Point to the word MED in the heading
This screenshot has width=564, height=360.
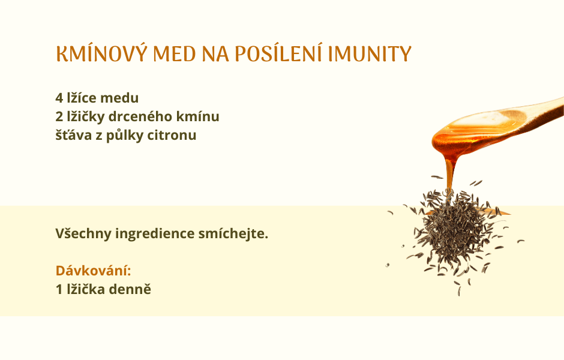[174, 54]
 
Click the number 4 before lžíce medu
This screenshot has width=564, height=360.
[59, 98]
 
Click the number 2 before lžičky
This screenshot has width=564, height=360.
[59, 116]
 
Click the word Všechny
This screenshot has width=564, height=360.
[83, 234]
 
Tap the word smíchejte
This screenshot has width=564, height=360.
[233, 234]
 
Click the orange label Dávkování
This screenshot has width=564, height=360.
[93, 271]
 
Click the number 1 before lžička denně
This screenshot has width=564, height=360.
[59, 290]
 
